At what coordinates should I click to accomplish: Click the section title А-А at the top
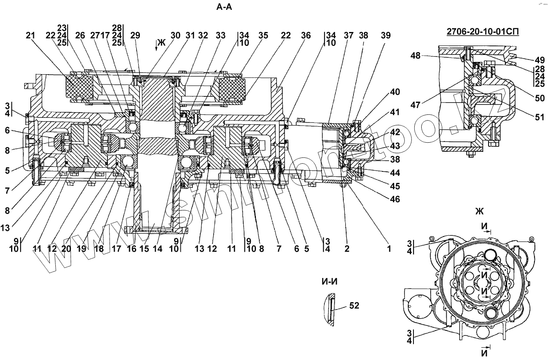click(x=224, y=7)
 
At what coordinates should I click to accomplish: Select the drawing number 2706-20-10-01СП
click(x=483, y=32)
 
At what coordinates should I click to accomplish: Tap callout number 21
click(x=31, y=35)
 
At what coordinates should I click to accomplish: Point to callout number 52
click(x=354, y=305)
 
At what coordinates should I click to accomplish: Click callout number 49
click(x=540, y=60)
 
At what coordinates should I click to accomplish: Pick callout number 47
click(x=416, y=105)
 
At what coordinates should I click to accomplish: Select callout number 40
click(x=395, y=92)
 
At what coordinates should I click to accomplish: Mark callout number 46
click(x=395, y=199)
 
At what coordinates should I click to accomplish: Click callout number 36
click(x=306, y=35)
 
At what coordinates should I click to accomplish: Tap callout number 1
click(x=389, y=249)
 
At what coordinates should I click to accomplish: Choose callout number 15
click(x=144, y=249)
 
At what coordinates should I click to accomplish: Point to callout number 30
click(x=176, y=35)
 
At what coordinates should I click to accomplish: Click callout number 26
click(x=80, y=35)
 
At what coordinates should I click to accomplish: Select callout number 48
click(x=416, y=56)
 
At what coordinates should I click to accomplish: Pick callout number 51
click(x=540, y=117)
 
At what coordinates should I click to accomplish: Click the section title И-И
click(x=329, y=282)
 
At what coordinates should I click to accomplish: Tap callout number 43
click(x=395, y=146)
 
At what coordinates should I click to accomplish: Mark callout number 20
click(x=66, y=249)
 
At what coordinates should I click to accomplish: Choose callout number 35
click(x=263, y=35)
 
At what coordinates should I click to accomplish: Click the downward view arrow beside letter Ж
click(x=156, y=46)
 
